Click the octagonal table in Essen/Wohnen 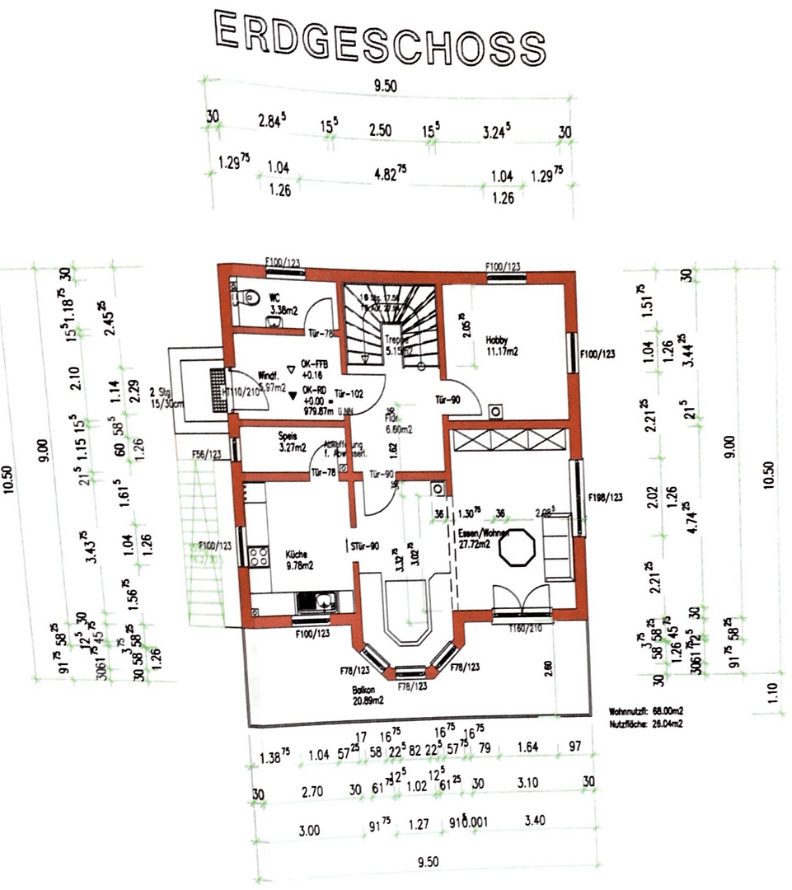point(519,549)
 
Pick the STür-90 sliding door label point(363,546)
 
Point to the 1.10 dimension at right point(771,693)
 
